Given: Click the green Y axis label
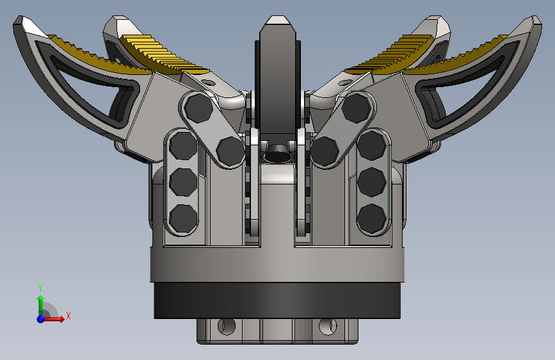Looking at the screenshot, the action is pos(40,288).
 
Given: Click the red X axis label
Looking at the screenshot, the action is pos(68,316).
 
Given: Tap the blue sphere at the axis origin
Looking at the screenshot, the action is pos(41,318).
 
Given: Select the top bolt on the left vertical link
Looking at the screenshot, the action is pos(183,145).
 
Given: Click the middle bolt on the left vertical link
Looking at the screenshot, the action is pos(183,182).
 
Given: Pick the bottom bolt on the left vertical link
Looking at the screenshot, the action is pos(183,218).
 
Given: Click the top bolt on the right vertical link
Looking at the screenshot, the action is pos(371,145).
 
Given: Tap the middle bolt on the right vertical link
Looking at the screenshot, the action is pos(371,182).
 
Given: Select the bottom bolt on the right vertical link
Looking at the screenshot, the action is pos(371,218).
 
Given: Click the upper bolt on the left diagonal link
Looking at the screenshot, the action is pos(199,108).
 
